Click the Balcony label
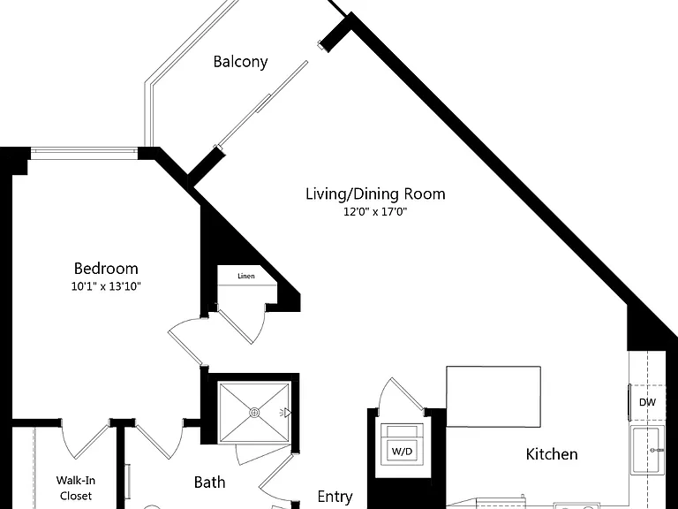240,62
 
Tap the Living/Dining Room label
375,194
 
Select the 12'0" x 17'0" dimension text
375,212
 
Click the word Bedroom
106,269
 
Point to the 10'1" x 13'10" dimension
106,286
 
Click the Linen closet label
246,276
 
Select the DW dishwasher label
647,402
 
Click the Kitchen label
552,454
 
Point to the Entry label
335,497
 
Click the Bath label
210,482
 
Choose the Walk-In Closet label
76,488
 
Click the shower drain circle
254,413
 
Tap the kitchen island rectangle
493,397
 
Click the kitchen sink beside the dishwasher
647,450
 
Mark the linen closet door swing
242,323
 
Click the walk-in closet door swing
85,439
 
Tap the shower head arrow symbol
286,414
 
